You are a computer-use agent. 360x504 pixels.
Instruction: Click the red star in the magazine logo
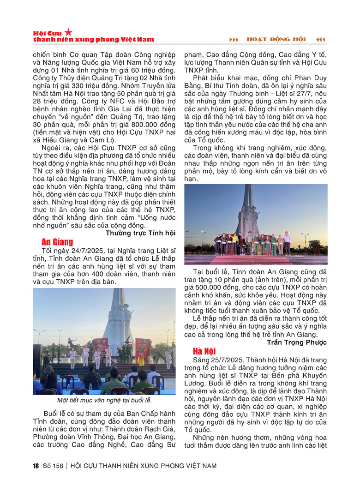point(68,32)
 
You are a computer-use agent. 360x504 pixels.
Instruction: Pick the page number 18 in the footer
point(36,466)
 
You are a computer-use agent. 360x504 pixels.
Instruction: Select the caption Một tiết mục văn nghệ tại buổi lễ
point(104,400)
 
